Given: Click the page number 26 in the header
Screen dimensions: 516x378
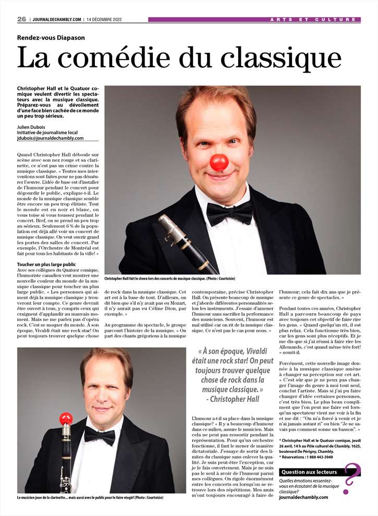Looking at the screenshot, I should tap(21, 19).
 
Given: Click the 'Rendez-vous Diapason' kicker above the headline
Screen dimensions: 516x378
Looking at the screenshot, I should tap(51, 38).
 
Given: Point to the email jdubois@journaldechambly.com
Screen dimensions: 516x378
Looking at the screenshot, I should tap(50, 138).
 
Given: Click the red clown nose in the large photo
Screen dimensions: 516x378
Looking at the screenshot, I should tap(219, 162).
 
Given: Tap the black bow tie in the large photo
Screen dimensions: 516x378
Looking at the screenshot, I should tap(229, 213).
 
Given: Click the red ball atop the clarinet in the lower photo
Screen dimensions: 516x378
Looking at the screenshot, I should tap(65, 418).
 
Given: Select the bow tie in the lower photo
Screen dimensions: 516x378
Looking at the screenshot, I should tap(100, 435).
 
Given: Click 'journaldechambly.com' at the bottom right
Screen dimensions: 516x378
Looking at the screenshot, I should tap(303, 497).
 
